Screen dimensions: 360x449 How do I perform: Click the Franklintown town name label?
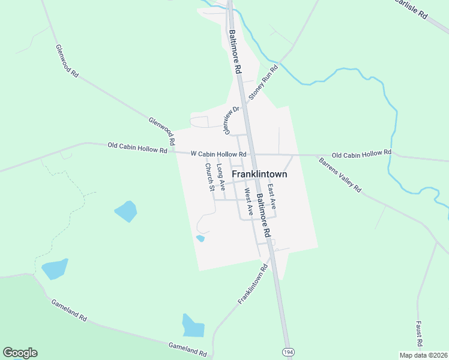(x=259, y=175)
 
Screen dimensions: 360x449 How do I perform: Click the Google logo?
(x=20, y=353)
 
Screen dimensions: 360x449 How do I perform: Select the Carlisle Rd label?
(x=411, y=8)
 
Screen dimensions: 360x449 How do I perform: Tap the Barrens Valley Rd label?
(x=340, y=175)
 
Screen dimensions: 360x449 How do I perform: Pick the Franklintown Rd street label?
(x=252, y=283)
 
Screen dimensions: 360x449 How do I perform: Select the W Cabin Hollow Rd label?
(x=218, y=154)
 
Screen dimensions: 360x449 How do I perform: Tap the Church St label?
(x=209, y=177)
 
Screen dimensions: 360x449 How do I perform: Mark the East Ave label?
(x=271, y=196)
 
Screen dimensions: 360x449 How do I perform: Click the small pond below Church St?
(x=200, y=238)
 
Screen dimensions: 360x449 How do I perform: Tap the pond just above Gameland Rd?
(x=193, y=325)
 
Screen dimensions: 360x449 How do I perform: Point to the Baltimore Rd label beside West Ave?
(x=264, y=215)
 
